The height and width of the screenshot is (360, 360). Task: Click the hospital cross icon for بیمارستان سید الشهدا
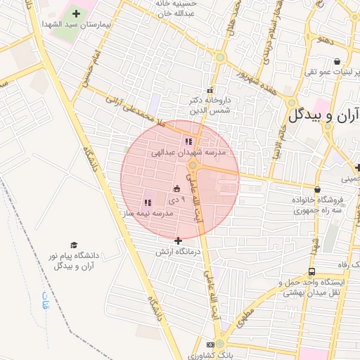point(77,13)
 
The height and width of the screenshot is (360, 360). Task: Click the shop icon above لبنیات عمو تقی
point(338,60)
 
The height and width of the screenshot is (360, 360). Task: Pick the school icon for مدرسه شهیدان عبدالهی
point(188,141)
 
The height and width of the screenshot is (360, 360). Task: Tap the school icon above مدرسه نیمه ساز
point(148,202)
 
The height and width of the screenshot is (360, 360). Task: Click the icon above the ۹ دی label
point(176,188)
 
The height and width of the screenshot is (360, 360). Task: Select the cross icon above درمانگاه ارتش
point(178,240)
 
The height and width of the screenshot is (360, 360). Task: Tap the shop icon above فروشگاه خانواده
point(318,190)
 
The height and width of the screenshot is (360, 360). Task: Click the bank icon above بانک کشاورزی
point(210,345)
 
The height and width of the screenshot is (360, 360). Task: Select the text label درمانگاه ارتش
point(179,251)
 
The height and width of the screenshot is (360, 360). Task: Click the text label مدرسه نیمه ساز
point(146,212)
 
